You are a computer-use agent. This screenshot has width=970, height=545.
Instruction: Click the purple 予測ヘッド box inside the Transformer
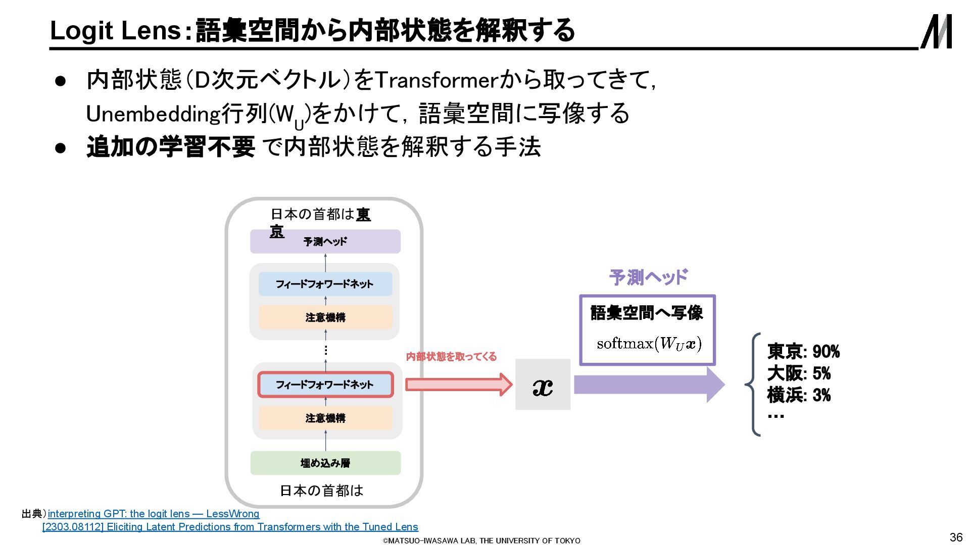(325, 242)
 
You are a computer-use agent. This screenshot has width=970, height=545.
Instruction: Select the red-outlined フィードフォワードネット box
(325, 385)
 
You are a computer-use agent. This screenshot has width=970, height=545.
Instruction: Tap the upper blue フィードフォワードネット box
(325, 284)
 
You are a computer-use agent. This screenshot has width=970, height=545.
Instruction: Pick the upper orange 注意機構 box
(325, 317)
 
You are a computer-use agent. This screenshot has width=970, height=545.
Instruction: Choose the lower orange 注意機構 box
(325, 418)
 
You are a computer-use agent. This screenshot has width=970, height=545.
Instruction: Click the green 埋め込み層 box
(325, 463)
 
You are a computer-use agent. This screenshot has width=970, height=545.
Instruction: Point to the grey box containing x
(543, 385)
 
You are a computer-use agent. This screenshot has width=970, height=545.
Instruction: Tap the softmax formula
(649, 344)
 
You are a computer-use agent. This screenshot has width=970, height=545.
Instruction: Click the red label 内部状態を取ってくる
(451, 357)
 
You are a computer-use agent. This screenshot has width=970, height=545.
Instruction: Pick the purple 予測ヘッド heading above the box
(648, 277)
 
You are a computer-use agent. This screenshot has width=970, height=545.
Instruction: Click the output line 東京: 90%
(803, 351)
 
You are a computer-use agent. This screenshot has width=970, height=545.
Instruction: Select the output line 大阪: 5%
(799, 373)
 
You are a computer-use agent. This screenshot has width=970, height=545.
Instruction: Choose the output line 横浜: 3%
(799, 395)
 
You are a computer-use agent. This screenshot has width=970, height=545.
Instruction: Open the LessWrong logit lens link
(154, 514)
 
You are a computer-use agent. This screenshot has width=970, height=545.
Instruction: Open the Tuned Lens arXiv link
(230, 527)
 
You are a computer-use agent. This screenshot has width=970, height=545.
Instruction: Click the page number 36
(956, 537)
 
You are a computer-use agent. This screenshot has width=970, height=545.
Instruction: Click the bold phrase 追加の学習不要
(171, 147)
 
